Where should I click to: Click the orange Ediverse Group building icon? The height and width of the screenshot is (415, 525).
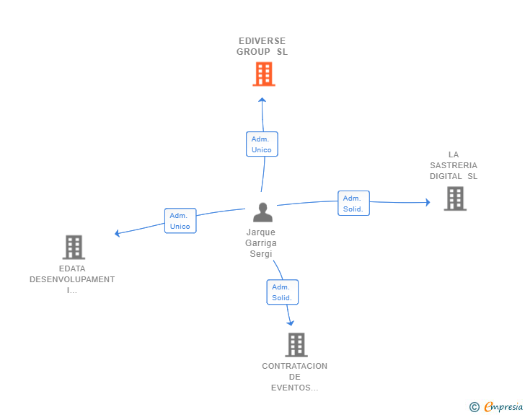tap(263, 74)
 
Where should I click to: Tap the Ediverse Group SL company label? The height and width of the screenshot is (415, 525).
tap(261, 46)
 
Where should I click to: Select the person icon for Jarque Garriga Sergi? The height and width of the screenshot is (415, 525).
tap(262, 212)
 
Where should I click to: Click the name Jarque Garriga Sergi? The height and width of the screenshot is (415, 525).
tap(261, 243)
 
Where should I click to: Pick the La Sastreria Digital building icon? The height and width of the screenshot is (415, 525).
tap(454, 198)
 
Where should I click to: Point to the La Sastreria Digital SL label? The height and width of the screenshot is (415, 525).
tap(454, 165)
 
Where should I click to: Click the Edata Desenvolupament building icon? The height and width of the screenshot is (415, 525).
tap(74, 248)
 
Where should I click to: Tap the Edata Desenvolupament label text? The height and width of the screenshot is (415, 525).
tap(72, 279)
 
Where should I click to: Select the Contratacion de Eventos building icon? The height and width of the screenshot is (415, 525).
tap(296, 345)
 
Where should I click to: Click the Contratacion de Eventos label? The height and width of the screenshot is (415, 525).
tap(294, 377)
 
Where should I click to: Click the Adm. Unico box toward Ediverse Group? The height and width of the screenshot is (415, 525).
tap(262, 144)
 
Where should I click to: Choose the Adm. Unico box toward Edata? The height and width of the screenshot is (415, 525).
tap(180, 220)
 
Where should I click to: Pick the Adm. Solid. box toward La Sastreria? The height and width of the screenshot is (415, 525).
tap(353, 204)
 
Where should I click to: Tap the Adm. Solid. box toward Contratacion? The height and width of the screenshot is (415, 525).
tap(282, 292)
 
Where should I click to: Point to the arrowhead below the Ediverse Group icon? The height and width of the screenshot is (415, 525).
tap(262, 100)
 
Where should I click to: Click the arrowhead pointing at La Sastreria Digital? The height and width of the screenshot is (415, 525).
tap(427, 203)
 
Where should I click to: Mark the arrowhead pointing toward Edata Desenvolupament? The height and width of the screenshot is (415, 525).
tap(118, 232)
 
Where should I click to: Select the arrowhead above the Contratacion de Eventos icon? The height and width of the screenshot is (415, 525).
tap(291, 322)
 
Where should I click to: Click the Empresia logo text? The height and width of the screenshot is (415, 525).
tap(503, 407)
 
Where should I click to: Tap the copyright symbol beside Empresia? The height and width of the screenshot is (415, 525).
tap(474, 408)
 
